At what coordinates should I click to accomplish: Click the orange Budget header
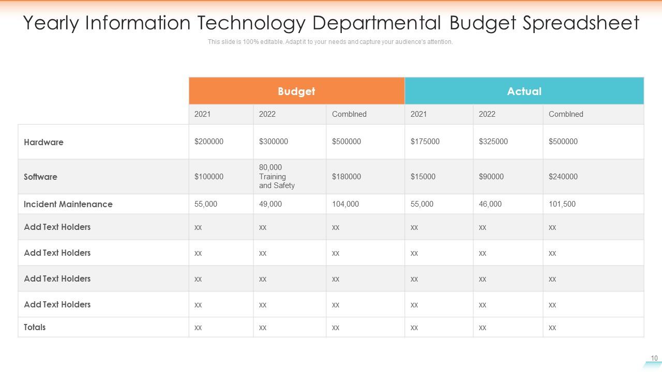point(296,91)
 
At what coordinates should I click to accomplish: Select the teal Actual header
point(524,91)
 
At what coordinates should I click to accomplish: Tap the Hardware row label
point(43,142)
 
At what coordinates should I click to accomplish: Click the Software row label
point(40,177)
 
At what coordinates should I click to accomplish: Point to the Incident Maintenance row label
point(68,204)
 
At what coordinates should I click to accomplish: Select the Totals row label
point(35,327)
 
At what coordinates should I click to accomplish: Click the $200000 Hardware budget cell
point(209,142)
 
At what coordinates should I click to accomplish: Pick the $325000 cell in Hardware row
point(493,142)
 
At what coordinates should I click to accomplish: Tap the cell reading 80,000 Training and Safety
point(277,177)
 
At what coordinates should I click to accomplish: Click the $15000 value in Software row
point(423,177)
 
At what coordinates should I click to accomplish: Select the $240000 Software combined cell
point(563,177)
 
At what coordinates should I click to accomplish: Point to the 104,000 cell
point(345,204)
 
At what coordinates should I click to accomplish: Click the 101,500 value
point(562,204)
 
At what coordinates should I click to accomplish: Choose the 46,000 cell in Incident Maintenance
point(490,204)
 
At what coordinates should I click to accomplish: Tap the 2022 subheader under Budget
point(267,114)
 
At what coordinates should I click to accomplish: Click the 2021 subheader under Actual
point(418,114)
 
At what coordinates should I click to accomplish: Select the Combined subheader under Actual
point(566,114)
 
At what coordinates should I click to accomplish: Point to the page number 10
point(654,358)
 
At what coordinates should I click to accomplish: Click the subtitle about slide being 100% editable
point(330,42)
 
